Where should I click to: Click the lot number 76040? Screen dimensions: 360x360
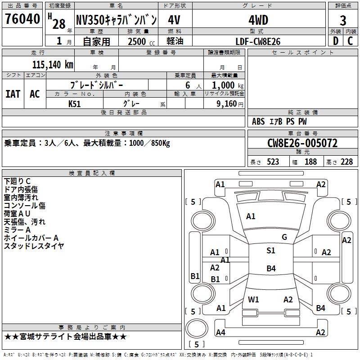pos(22,19)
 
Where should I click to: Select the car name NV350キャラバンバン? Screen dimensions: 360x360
pos(116,20)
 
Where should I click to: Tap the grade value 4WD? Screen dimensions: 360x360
pos(258,20)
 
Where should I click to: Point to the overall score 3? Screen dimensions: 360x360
pos(343,21)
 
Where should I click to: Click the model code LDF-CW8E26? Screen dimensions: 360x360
pos(258,41)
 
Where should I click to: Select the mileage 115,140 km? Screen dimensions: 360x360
pos(53,64)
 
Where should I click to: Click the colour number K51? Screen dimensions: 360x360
pos(75,103)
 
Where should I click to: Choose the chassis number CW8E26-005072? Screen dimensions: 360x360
pos(302,144)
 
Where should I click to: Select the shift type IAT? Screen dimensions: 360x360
pos(13,94)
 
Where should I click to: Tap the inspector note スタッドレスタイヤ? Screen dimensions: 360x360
pos(34,246)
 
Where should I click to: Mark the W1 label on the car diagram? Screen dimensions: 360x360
pos(254,299)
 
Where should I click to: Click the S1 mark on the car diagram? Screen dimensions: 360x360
pos(270,251)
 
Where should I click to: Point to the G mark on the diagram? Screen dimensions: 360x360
pos(284,237)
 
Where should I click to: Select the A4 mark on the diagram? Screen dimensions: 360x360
pos(220,333)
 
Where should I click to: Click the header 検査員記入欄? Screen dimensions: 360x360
pos(92,173)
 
